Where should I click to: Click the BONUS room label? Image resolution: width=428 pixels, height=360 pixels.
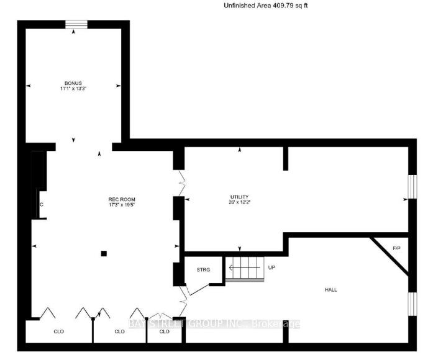pyautogui.click(x=73, y=83)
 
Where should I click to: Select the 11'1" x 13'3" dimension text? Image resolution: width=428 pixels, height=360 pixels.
pyautogui.click(x=73, y=89)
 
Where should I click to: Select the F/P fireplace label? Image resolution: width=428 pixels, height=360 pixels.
pyautogui.click(x=396, y=248)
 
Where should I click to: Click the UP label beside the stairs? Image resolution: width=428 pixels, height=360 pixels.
pyautogui.click(x=271, y=268)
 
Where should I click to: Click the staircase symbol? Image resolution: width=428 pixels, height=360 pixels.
pyautogui.click(x=244, y=269)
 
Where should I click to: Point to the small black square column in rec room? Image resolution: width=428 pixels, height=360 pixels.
pyautogui.click(x=104, y=253)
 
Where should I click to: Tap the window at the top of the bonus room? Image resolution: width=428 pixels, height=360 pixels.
pyautogui.click(x=77, y=25)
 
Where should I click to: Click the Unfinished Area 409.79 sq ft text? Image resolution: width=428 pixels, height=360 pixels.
pyautogui.click(x=265, y=6)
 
